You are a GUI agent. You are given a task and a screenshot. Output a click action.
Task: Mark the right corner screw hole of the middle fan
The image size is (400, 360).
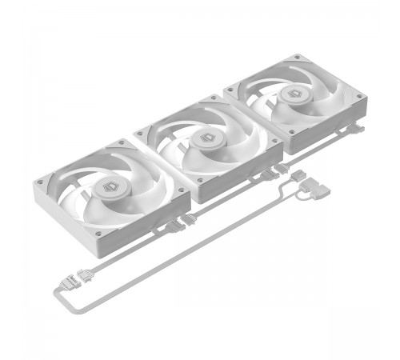tap(274, 142)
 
